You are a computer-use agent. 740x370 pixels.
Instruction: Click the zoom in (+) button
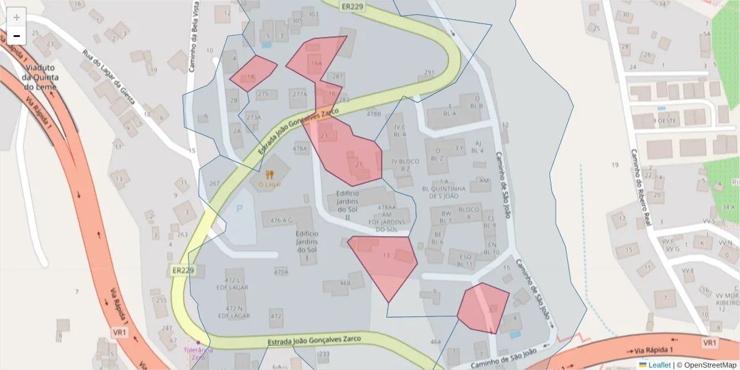click(x=17, y=17)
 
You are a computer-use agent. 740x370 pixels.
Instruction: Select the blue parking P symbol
click(x=240, y=208)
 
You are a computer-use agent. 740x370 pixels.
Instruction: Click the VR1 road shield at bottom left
click(x=120, y=332)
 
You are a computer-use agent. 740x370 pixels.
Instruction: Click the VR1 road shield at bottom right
click(x=710, y=342)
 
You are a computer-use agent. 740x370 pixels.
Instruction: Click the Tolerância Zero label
click(x=199, y=353)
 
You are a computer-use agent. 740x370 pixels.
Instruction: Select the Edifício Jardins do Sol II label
click(x=347, y=205)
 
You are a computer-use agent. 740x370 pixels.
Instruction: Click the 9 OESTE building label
click(x=665, y=121)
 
